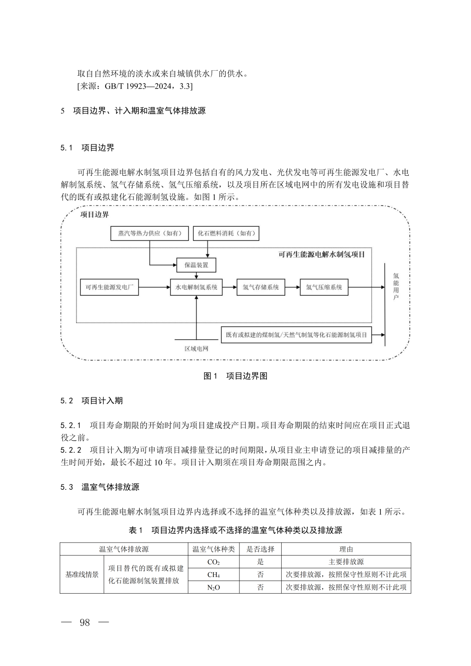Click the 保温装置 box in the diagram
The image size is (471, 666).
pos(196,265)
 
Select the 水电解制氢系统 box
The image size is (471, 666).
pos(196,287)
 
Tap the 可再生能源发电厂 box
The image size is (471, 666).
pos(109,287)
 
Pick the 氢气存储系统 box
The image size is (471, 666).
pos(261,287)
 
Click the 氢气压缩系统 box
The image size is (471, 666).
pos(324,287)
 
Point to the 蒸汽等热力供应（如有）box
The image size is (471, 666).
pos(150,233)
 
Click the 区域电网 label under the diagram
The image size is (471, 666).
pos(196,349)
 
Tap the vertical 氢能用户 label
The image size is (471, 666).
pos(396,287)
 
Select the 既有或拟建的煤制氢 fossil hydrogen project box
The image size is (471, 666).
pos(297,335)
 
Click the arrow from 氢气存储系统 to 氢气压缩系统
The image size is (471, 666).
pos(293,287)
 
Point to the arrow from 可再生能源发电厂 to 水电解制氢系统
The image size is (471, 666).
pos(154,287)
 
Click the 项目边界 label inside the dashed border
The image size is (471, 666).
pos(94,215)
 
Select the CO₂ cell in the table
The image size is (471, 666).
pos(214,562)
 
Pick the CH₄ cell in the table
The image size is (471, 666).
pos(214,575)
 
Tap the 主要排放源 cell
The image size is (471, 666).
pos(346,562)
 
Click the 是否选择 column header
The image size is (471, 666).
pos(260,550)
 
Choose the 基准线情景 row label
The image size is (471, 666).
pos(82,575)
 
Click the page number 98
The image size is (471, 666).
pos(85,623)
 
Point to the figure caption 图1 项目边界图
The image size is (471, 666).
pos(235,376)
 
